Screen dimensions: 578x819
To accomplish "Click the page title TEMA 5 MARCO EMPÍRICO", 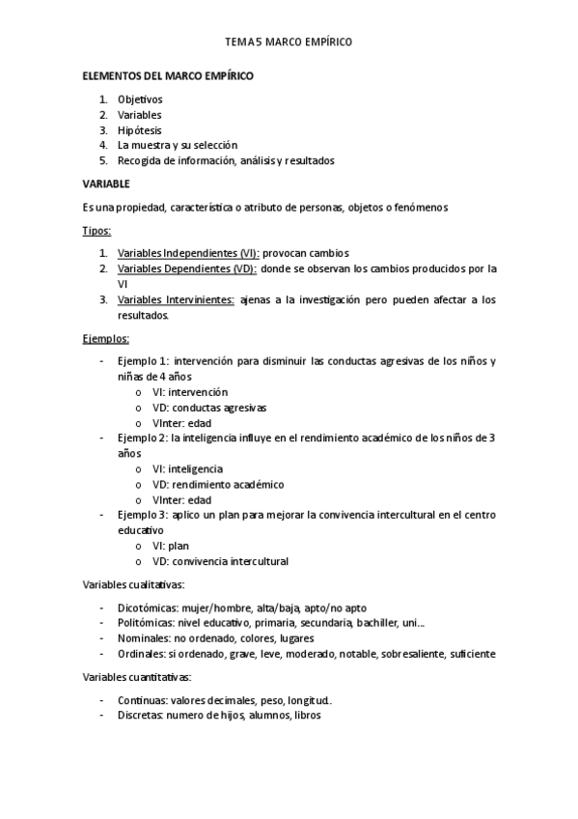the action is [x=289, y=42].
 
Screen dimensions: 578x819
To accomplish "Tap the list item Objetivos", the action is [x=141, y=99].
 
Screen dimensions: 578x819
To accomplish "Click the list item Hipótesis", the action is [x=140, y=130].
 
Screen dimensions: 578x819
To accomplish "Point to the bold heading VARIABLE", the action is [x=106, y=184].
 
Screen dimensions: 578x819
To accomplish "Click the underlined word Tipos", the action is [x=96, y=231].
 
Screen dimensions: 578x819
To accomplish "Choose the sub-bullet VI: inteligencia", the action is [x=187, y=468].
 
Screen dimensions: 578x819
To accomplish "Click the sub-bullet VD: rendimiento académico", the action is [x=218, y=484].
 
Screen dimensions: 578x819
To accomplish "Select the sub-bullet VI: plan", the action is [x=171, y=546].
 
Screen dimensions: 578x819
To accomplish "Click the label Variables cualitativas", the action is [x=133, y=584].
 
